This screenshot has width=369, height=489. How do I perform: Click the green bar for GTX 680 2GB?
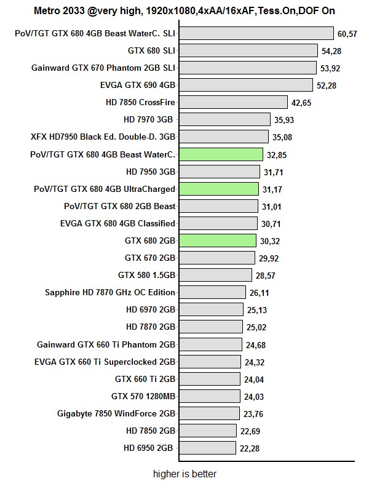point(218,240)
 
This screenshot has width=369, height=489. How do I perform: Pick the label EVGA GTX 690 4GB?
point(141,85)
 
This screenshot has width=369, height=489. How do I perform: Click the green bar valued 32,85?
point(221,154)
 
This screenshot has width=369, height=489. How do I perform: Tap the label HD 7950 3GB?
point(151,171)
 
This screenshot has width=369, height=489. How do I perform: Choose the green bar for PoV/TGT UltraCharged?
point(219,188)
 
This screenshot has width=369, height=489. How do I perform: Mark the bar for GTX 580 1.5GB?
point(215,274)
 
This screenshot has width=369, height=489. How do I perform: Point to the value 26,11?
point(261,293)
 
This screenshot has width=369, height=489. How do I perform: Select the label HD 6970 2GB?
point(151,309)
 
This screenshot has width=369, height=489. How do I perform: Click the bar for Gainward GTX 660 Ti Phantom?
point(210,343)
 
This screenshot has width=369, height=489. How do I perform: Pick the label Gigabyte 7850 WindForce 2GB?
point(116,412)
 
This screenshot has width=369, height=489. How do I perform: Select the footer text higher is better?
point(184,474)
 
